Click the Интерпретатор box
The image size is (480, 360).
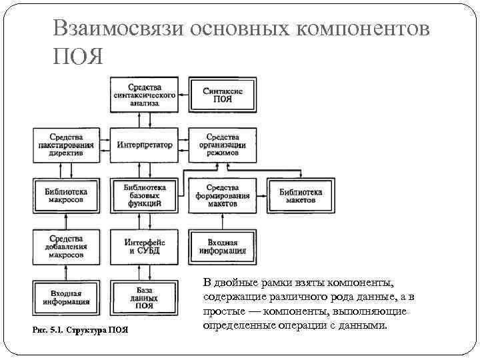[x=145, y=145]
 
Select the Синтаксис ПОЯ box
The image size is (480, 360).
[x=223, y=94]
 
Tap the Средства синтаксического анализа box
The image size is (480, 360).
[x=145, y=94]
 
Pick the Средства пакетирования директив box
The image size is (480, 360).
[x=65, y=145]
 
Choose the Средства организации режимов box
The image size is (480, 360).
[x=223, y=145]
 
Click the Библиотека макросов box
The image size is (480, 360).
[x=65, y=195]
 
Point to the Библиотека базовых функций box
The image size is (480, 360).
[x=145, y=195]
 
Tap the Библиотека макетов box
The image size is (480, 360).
[x=301, y=195]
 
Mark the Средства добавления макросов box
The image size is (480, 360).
[x=65, y=246]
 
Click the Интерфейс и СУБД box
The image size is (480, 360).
[x=145, y=246]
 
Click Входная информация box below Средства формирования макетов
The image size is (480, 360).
[x=223, y=246]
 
